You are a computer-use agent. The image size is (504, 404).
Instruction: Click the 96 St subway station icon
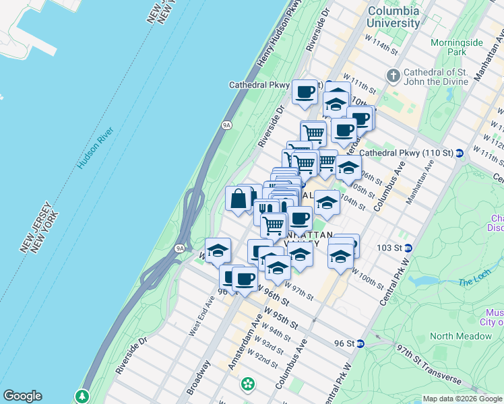[x=360, y=343]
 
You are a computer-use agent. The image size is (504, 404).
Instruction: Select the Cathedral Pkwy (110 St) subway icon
[x=458, y=153]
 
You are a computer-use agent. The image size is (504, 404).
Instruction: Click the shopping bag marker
[x=239, y=199]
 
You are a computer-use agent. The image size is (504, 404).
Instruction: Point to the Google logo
[x=22, y=396]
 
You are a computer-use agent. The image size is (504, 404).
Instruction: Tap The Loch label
[x=474, y=281]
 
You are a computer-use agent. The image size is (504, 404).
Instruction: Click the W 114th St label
[x=379, y=44]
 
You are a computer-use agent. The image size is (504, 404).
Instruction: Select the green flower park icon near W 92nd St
[x=249, y=384]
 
